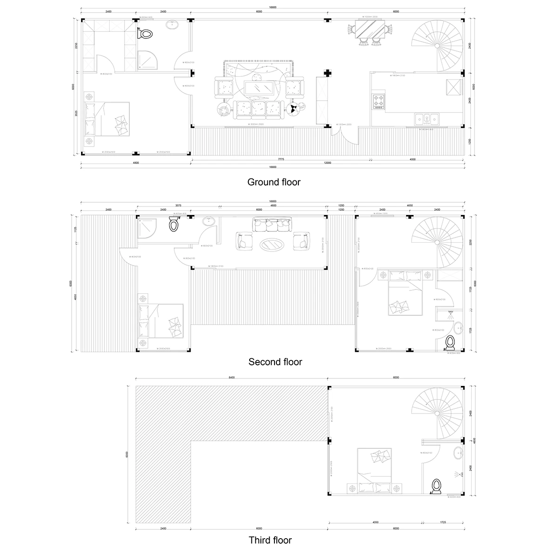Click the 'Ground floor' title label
[274, 182]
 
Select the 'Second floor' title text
[275, 362]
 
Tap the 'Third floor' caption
[270, 540]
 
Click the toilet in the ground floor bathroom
[146, 34]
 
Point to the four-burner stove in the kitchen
[379, 101]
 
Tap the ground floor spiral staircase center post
[437, 46]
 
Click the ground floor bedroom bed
[109, 119]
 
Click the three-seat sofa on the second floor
[272, 224]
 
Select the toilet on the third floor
[437, 486]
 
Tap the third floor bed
[375, 470]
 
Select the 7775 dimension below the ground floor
[281, 159]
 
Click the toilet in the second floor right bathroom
[451, 342]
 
